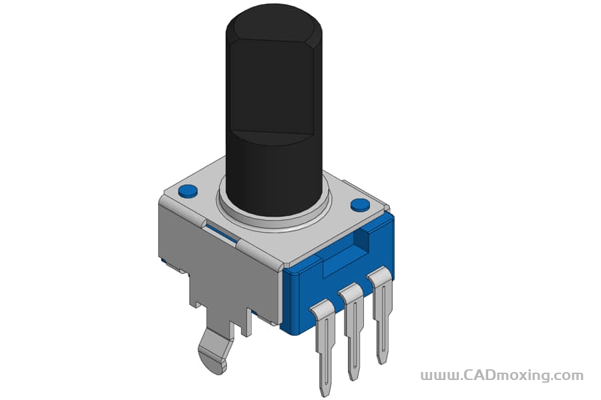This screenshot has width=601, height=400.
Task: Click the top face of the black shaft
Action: [x=273, y=23]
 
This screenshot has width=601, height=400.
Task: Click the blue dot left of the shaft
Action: [x=188, y=191]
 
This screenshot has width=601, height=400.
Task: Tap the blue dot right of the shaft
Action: [x=361, y=205]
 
